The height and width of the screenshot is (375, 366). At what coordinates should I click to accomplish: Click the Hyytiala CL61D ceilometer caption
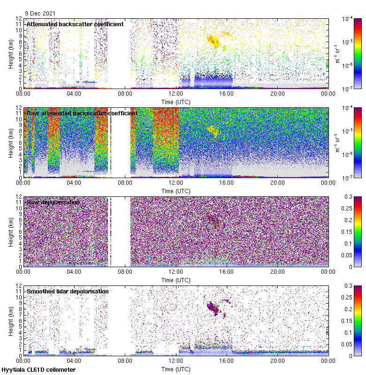(x=38, y=370)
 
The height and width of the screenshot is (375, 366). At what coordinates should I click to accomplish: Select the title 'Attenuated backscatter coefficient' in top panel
(x=75, y=24)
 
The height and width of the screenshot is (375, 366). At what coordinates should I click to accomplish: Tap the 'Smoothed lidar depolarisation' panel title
(x=68, y=291)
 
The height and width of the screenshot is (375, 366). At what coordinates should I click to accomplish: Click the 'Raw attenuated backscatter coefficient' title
(x=82, y=113)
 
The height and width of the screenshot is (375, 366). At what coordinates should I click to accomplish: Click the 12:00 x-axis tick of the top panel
(x=176, y=93)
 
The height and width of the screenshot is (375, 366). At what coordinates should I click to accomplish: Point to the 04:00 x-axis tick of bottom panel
(x=74, y=360)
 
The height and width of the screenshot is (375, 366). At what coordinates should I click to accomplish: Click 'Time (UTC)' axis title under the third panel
(x=176, y=280)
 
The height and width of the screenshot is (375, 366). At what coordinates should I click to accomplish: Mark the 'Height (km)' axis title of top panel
(x=11, y=53)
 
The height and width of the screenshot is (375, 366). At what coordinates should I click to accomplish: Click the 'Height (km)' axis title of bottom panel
(x=11, y=321)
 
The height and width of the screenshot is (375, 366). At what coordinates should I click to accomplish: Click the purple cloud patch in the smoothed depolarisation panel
(x=214, y=308)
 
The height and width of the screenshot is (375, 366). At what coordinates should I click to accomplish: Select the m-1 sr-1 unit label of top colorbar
(x=336, y=54)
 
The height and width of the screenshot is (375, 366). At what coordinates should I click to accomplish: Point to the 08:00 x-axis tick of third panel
(x=125, y=271)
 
